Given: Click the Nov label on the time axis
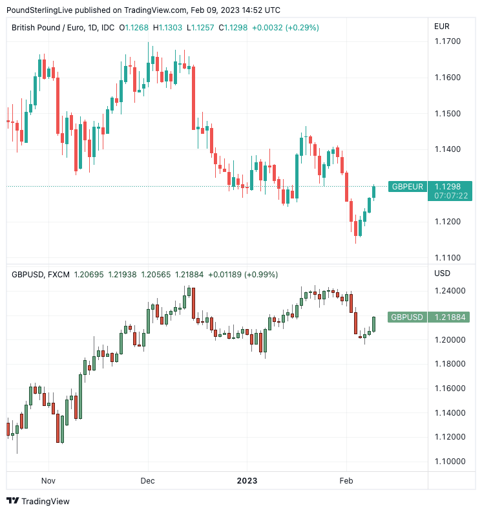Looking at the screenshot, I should coord(48,480).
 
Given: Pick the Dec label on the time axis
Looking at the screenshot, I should coord(147,480).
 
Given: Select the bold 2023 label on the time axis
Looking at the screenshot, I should coord(247,480).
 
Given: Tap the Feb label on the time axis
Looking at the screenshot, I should coord(346,480).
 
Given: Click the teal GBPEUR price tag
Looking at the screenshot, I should coord(407,187).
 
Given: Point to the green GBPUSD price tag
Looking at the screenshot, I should coord(407,317).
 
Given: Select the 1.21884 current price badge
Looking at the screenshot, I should coord(450,317).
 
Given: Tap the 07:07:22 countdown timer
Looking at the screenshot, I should coord(451,195).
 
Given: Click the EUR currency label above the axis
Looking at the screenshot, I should coord(442,27).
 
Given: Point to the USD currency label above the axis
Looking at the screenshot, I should coord(442,273).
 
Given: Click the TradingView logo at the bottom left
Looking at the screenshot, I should coord(38,501).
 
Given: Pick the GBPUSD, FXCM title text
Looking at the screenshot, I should coord(39,274).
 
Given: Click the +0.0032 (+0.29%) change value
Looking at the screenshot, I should coord(285,28).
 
